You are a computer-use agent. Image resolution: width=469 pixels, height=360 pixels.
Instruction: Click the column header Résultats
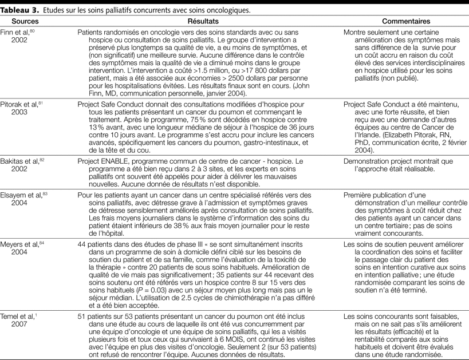click(x=202, y=19)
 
